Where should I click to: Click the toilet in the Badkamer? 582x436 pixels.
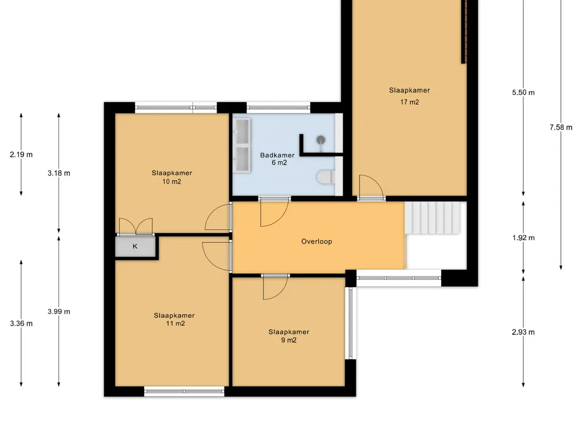click(326, 177)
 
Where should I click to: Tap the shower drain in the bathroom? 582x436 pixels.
click(321, 140)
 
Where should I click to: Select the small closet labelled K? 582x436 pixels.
click(135, 246)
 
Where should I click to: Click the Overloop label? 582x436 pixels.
click(317, 241)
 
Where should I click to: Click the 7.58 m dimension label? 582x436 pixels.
click(561, 127)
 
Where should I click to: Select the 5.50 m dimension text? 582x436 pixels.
click(523, 93)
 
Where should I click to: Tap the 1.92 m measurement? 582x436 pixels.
click(523, 238)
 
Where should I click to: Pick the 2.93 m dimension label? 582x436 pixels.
click(523, 332)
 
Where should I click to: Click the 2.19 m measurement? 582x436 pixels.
click(21, 154)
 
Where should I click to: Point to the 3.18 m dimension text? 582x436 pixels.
click(59, 173)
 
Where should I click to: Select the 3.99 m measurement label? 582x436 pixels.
click(59, 312)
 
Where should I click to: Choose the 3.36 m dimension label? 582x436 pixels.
click(21, 323)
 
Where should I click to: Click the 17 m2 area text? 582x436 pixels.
click(409, 102)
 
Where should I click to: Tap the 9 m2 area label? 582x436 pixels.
click(289, 340)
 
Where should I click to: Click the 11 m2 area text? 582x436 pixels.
click(175, 323)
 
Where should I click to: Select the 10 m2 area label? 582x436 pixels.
click(172, 181)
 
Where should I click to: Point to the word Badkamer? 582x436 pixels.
click(277, 155)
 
